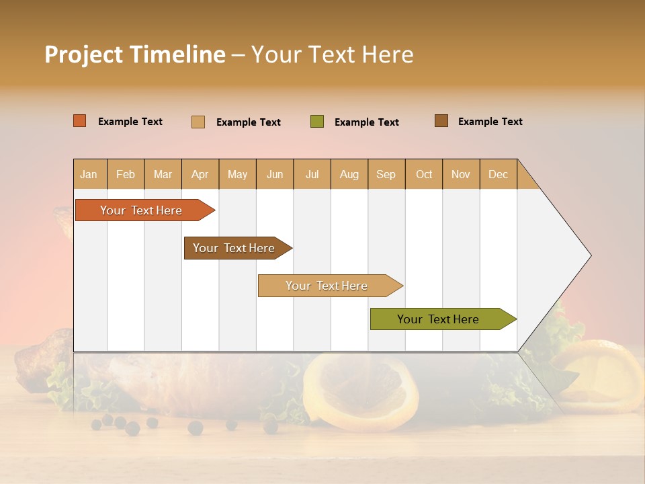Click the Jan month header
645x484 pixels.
tap(89, 174)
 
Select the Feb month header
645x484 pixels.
tap(126, 174)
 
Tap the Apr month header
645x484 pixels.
tap(200, 174)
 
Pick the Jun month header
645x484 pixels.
tap(275, 174)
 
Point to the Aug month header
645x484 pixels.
tap(349, 174)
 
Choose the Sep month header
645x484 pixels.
tap(386, 174)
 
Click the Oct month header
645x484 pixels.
tap(424, 174)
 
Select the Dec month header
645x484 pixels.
tap(499, 174)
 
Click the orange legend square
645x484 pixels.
tap(80, 121)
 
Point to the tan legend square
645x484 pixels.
tap(198, 122)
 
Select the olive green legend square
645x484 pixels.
tap(317, 122)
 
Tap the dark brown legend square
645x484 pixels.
tap(441, 121)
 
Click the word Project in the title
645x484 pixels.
tap(84, 54)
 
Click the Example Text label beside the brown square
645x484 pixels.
tap(490, 122)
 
